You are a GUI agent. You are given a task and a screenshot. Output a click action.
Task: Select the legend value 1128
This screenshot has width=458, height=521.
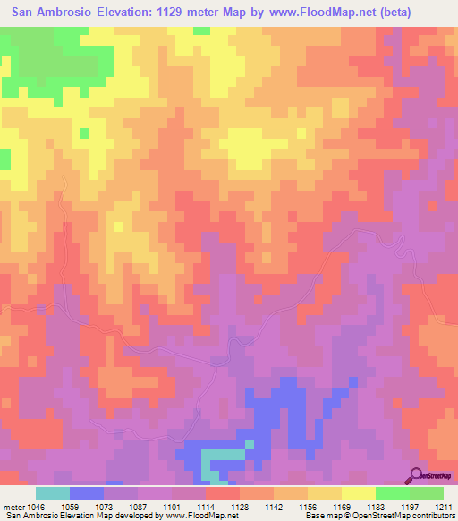click(x=214, y=507)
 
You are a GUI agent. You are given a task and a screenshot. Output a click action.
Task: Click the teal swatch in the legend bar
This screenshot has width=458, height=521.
click(x=53, y=493)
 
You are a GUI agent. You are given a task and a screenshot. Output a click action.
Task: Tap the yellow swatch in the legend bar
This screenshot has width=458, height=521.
click(x=359, y=493)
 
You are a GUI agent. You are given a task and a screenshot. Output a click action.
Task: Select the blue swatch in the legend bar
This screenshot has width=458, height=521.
click(x=87, y=493)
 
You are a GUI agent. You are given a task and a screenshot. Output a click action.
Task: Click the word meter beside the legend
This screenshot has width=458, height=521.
click(x=13, y=507)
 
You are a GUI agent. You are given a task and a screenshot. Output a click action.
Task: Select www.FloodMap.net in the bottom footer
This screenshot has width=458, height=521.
click(x=191, y=517)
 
